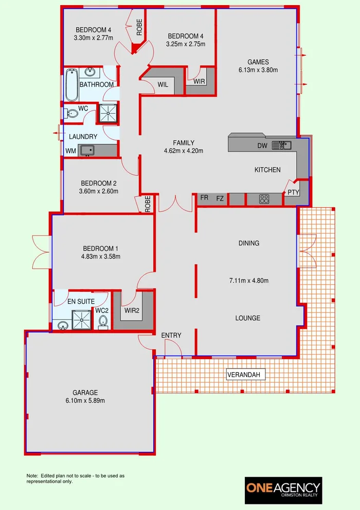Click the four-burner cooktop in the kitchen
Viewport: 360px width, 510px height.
(265, 199)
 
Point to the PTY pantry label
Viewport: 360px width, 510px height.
(293, 192)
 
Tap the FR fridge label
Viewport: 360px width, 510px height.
(204, 198)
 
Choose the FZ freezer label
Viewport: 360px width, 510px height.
(220, 198)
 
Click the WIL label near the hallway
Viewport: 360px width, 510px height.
(163, 84)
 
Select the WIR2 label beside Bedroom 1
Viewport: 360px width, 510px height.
(131, 310)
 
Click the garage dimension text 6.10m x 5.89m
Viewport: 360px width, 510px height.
(85, 400)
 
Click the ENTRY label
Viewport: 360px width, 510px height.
(171, 336)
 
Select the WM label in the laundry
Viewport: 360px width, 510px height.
(70, 151)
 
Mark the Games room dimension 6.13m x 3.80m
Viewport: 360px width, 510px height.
(258, 70)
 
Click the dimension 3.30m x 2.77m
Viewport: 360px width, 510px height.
(93, 38)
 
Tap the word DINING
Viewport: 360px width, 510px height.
(249, 243)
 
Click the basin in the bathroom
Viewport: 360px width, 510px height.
(91, 72)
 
